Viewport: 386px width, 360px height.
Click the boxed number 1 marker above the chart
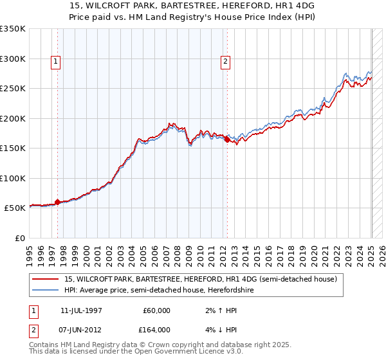coord(56,62)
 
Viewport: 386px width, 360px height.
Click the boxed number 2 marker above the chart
coord(226,62)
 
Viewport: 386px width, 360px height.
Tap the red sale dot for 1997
coord(57,202)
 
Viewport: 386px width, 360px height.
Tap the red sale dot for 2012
coord(228,139)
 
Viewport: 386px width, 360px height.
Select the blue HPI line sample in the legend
coord(46,290)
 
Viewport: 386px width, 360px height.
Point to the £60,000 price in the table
coord(156,310)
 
